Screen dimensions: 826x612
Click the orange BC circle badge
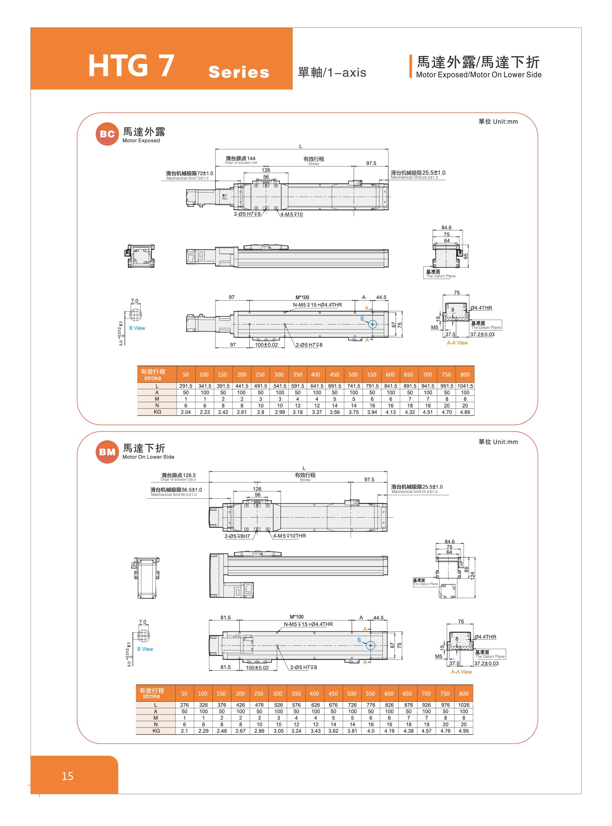point(107,134)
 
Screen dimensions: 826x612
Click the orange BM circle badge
point(107,452)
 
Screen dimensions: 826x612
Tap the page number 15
point(67,776)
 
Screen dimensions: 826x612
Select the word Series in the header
point(239,72)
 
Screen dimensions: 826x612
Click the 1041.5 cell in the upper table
point(465,386)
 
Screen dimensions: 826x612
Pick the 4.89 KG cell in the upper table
point(465,412)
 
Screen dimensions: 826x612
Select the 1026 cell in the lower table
point(464,705)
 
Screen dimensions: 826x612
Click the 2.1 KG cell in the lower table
point(185,731)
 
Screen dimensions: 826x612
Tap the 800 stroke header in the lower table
point(464,694)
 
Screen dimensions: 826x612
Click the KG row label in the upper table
point(157,412)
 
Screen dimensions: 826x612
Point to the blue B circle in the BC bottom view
point(373,324)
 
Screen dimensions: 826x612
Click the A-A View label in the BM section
point(461,672)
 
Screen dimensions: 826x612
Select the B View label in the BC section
point(137,328)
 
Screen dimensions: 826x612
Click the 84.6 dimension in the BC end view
point(446,227)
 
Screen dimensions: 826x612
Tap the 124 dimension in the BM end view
point(472,575)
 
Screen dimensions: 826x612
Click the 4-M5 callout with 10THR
point(289,536)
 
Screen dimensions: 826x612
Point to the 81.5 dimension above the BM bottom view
point(225,617)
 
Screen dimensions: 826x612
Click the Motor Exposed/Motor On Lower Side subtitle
point(479,75)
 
